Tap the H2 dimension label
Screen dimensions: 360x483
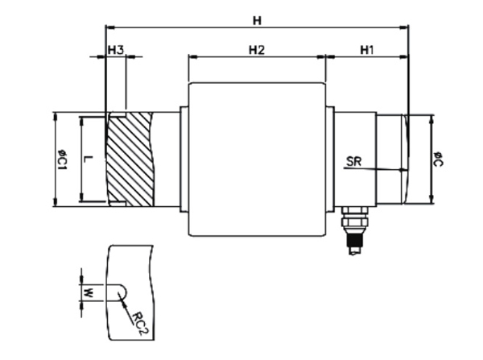tap(257, 50)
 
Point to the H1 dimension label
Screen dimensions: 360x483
tap(367, 50)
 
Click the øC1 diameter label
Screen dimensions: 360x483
tap(60, 159)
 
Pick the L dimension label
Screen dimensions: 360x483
tap(89, 159)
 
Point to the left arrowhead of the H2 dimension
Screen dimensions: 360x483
tap(192, 57)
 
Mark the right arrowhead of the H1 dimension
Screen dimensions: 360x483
tap(405, 57)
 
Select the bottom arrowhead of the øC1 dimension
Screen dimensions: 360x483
tap(54, 202)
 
